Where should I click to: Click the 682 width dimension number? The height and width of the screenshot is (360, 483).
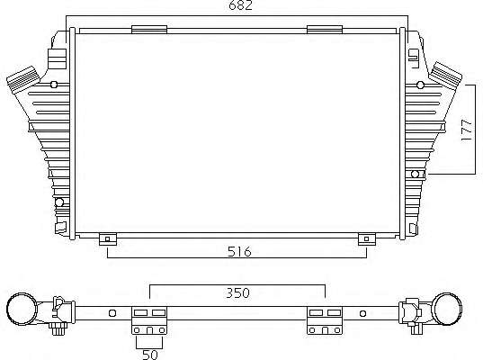pyautogui.click(x=240, y=5)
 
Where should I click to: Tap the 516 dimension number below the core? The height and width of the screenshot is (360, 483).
pyautogui.click(x=239, y=252)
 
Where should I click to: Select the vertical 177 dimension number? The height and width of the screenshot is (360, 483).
pyautogui.click(x=467, y=130)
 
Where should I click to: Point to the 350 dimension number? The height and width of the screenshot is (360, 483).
pyautogui.click(x=237, y=292)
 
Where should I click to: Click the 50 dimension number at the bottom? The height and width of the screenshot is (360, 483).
pyautogui.click(x=150, y=355)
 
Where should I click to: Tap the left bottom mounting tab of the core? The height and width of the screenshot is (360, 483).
pyautogui.click(x=108, y=239)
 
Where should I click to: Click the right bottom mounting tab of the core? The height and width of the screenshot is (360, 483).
pyautogui.click(x=367, y=239)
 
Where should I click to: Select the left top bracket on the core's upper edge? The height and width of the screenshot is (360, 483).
pyautogui.click(x=149, y=30)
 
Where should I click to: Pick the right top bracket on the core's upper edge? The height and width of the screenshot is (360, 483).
pyautogui.click(x=325, y=30)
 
